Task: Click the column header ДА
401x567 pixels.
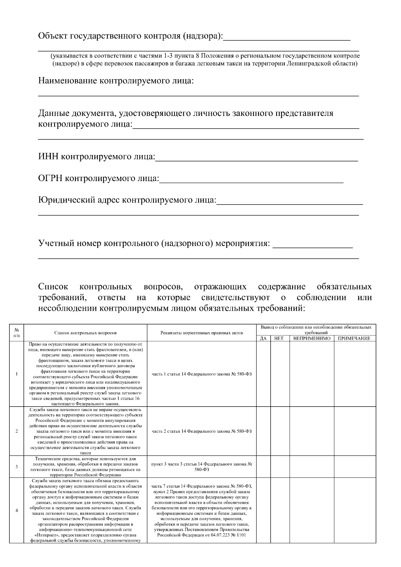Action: pyautogui.click(x=263, y=338)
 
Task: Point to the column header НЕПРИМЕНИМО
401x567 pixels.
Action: pyautogui.click(x=312, y=338)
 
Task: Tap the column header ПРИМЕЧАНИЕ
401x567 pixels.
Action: pyautogui.click(x=354, y=338)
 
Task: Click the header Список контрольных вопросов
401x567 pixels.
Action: pyautogui.click(x=86, y=333)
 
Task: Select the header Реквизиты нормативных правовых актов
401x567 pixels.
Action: pyautogui.click(x=202, y=333)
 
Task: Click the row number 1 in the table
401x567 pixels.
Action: pyautogui.click(x=17, y=374)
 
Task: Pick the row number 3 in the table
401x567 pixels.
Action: pyautogui.click(x=17, y=466)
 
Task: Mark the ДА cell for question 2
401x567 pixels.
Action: pyautogui.click(x=263, y=431)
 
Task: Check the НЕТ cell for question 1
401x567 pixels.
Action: pyautogui.click(x=280, y=374)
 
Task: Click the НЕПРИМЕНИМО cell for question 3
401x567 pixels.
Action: pyautogui.click(x=312, y=466)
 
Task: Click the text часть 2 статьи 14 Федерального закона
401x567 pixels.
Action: pyautogui.click(x=202, y=431)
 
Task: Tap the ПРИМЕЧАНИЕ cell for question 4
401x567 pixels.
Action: pyautogui.click(x=354, y=511)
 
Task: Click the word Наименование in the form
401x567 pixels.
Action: pyautogui.click(x=69, y=81)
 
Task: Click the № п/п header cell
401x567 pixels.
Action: pyautogui.click(x=17, y=333)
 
